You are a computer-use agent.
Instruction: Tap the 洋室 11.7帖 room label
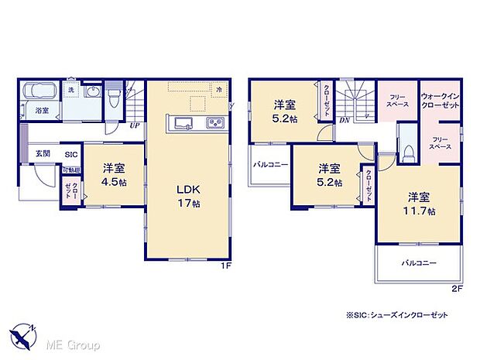click(419, 203)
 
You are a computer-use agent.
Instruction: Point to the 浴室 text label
click(42, 111)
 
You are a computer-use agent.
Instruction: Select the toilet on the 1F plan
click(114, 96)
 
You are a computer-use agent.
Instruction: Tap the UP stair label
click(135, 125)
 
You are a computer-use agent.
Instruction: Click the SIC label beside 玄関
click(70, 154)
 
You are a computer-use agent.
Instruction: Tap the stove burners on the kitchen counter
click(214, 124)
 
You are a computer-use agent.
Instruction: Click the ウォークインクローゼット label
click(439, 101)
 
